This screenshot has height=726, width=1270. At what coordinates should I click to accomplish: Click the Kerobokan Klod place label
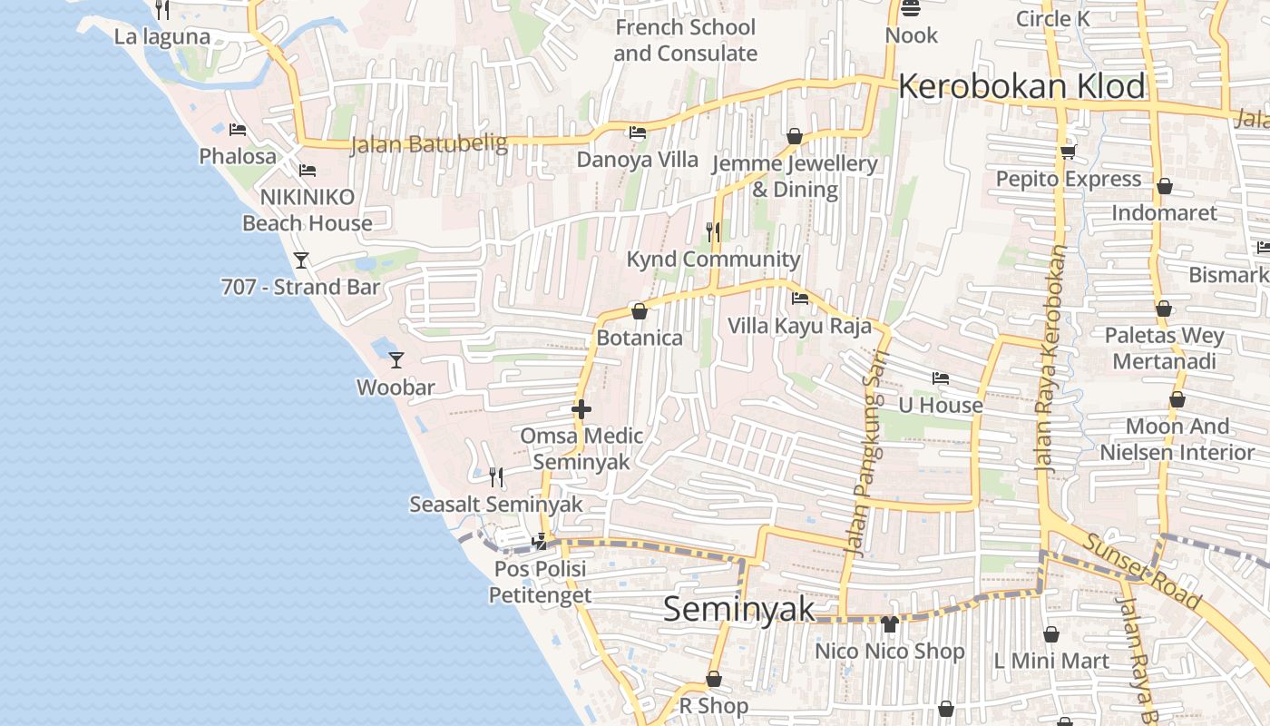(x=1021, y=87)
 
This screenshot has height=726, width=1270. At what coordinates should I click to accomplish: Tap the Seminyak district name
(x=739, y=609)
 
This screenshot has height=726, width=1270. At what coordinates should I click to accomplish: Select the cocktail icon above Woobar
(x=396, y=360)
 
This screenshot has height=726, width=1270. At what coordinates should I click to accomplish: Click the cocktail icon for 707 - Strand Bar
(x=301, y=260)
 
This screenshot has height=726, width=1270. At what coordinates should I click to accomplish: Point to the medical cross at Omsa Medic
(x=581, y=409)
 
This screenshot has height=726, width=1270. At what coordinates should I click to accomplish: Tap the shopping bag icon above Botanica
(x=640, y=311)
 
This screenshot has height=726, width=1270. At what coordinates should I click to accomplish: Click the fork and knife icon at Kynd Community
(x=713, y=232)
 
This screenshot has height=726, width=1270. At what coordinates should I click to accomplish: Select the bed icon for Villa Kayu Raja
(x=799, y=298)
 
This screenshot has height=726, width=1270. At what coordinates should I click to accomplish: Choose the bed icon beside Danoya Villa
(x=638, y=132)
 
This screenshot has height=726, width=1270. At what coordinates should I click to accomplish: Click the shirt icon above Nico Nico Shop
(x=889, y=624)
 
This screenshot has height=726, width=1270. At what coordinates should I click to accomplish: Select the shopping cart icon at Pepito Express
(x=1068, y=152)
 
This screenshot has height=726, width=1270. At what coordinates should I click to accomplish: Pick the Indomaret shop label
(x=1164, y=212)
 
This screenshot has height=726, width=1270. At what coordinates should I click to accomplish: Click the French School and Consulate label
(x=685, y=40)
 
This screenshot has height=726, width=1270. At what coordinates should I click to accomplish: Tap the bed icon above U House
(x=941, y=378)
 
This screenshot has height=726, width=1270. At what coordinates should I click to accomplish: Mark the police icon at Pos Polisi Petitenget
(x=540, y=542)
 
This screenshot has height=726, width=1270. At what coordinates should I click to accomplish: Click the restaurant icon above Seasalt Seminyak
(x=496, y=476)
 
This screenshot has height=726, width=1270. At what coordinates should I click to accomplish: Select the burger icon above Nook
(x=911, y=9)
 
